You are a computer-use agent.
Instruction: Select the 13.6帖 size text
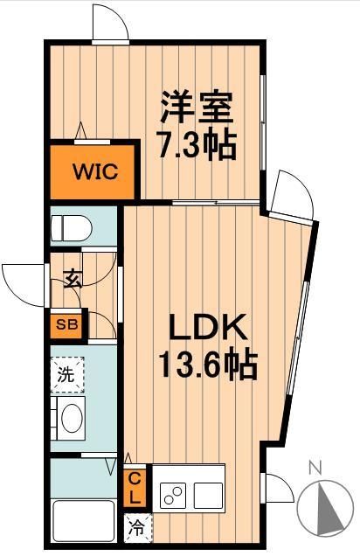(x=207, y=363)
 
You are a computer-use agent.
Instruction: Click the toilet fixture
(x=73, y=228)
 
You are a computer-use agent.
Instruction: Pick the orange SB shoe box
(x=66, y=324)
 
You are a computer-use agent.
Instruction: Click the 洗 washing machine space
(x=67, y=376)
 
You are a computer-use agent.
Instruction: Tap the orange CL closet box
(x=136, y=489)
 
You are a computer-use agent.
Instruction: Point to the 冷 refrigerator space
(x=138, y=527)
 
